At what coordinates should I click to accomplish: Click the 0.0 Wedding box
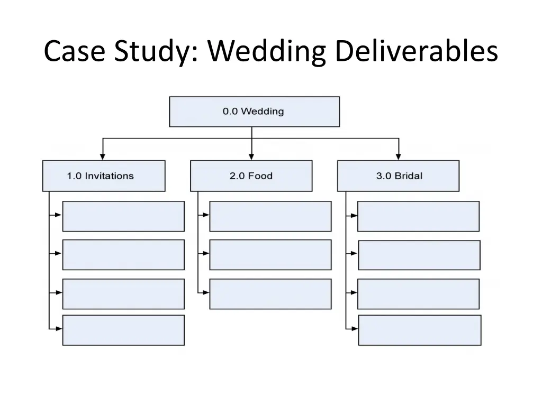[x=255, y=112]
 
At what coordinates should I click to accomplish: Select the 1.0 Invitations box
[x=104, y=176]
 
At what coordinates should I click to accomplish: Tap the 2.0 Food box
[x=251, y=176]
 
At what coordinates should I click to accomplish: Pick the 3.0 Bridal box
[x=398, y=176]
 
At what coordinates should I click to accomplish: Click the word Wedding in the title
[x=267, y=51]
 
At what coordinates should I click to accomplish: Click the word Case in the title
[x=74, y=51]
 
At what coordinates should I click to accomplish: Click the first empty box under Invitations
[x=123, y=216]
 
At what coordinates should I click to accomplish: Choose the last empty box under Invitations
[x=123, y=330]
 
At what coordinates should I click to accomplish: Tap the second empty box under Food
[x=270, y=255]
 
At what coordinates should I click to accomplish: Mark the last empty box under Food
[x=270, y=294]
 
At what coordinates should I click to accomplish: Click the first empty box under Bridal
[x=418, y=216]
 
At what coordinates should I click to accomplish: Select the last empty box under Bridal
[x=420, y=330]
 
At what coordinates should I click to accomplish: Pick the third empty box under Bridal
[x=418, y=294]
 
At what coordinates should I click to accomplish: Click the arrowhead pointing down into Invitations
[x=102, y=156]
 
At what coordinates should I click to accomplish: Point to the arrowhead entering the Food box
[x=251, y=156]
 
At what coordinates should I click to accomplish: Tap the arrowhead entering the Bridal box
[x=398, y=156]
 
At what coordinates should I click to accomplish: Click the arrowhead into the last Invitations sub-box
[x=59, y=329]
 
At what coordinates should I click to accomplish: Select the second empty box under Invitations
[x=123, y=255]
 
